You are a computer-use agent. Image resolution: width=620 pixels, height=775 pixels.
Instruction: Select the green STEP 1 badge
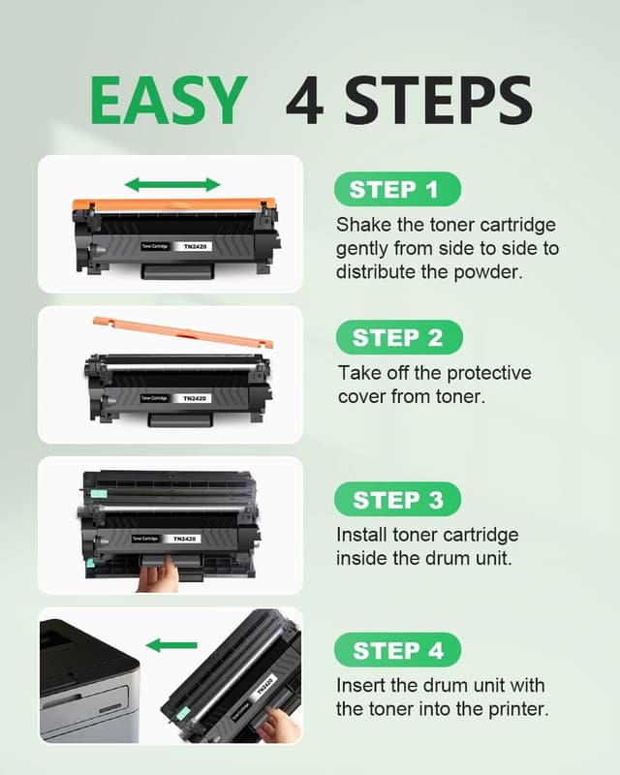click(397, 189)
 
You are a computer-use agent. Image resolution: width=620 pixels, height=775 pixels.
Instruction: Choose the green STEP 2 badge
click(398, 337)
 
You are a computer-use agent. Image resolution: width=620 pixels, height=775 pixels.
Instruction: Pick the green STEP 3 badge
click(398, 500)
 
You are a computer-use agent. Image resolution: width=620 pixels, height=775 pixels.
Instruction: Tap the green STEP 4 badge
click(398, 649)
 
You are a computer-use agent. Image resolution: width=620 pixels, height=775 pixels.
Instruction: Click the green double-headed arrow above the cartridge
click(172, 184)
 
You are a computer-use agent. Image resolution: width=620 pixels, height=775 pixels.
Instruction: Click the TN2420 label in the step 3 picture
click(183, 539)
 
